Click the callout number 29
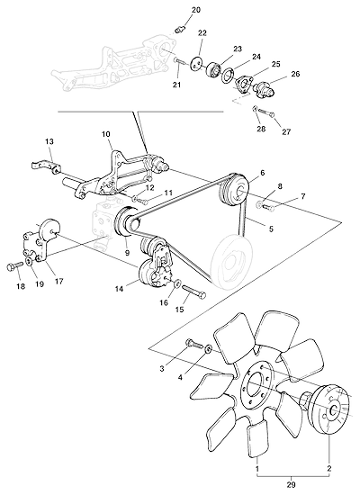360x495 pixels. [291, 484]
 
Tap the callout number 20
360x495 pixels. [196, 10]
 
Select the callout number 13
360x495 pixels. [49, 141]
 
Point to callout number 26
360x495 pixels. [295, 74]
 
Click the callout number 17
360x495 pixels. [58, 281]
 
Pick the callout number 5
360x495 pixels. [271, 229]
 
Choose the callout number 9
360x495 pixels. [127, 253]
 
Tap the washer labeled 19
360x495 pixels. [30, 261]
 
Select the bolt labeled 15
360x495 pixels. [193, 292]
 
